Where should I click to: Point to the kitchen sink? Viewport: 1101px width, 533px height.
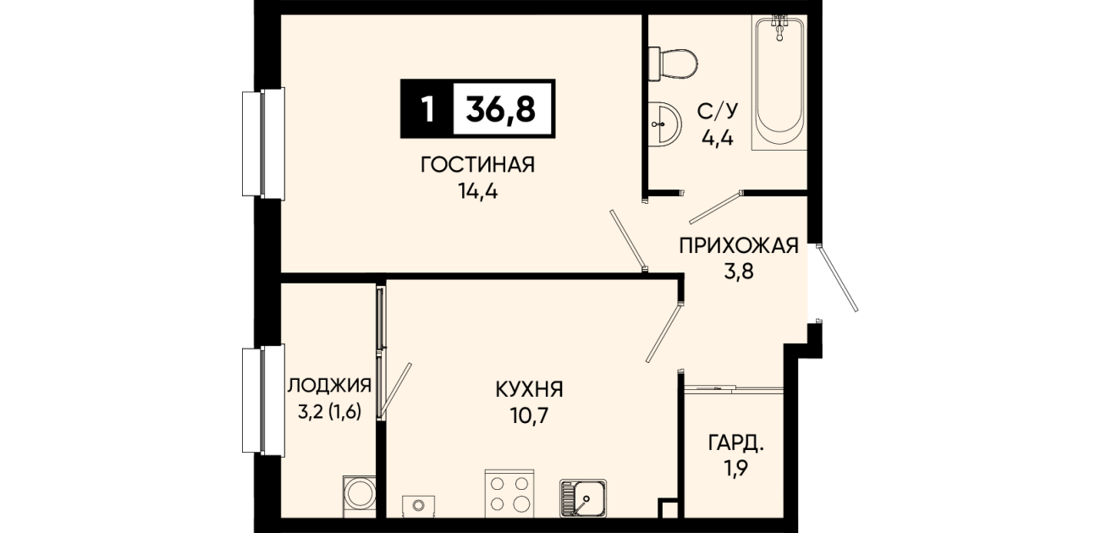[x=583, y=498]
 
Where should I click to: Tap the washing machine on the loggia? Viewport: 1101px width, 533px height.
[x=359, y=496]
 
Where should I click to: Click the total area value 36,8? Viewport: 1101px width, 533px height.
[x=500, y=108]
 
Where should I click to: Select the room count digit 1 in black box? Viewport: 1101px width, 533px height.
[x=428, y=108]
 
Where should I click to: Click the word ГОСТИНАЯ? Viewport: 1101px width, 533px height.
[x=477, y=165]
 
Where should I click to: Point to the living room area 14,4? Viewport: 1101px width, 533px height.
[x=478, y=191]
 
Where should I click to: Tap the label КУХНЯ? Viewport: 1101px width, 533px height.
[x=529, y=389]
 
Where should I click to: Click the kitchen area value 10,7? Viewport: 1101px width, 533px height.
[x=529, y=416]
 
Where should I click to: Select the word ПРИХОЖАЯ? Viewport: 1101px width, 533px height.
[x=739, y=245]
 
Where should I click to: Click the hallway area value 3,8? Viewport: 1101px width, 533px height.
[x=739, y=272]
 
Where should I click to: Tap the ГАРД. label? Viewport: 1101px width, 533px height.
[x=735, y=443]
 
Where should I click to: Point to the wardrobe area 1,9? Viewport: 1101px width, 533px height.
[x=735, y=469]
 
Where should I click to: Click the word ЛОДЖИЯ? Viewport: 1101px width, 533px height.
[x=329, y=386]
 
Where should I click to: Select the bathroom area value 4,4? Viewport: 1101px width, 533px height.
[x=717, y=139]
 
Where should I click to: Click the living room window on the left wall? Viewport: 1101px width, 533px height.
[x=263, y=144]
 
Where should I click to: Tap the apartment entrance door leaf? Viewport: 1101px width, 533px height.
[x=838, y=278]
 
